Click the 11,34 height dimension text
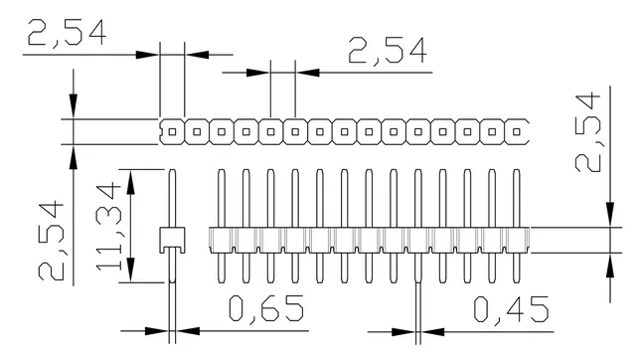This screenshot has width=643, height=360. click(x=108, y=228)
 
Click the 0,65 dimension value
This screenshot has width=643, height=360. click(x=266, y=308)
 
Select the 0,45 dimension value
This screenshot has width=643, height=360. click(x=511, y=309)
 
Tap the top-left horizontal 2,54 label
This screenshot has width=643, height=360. click(x=67, y=33)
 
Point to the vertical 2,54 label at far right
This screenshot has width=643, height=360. click(x=587, y=132)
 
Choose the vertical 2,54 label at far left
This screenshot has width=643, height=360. click(x=52, y=241)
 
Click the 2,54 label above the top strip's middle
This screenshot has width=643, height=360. click(x=388, y=51)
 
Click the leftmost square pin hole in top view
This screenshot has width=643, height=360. click(x=172, y=131)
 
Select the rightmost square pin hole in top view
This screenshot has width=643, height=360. click(x=517, y=131)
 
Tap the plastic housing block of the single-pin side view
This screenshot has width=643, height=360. click(x=172, y=240)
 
